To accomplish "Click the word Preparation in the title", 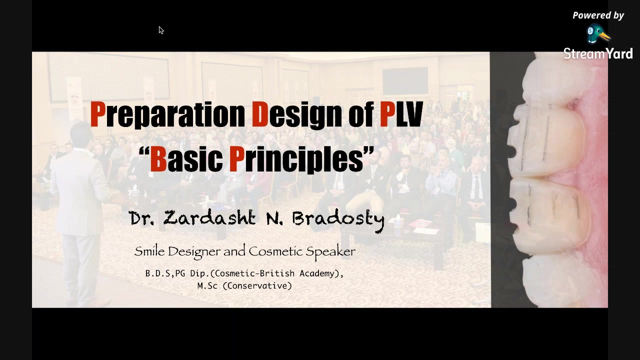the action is pos(167,115).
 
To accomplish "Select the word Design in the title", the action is pos(296,115).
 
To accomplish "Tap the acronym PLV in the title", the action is pos(401,114).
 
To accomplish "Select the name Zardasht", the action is pos(209,217).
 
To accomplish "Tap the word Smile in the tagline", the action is pos(149,251).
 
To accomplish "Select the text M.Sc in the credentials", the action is pos(207,285).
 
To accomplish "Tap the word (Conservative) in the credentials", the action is pos(257,285).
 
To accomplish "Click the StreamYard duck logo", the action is pos(598,34).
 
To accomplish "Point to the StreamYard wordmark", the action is pos(598,53).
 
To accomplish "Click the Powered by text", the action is pos(598,15).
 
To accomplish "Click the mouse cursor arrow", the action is pos(161,30).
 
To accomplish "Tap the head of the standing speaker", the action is pos(81,135).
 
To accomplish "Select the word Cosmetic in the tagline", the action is pos(275,251).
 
